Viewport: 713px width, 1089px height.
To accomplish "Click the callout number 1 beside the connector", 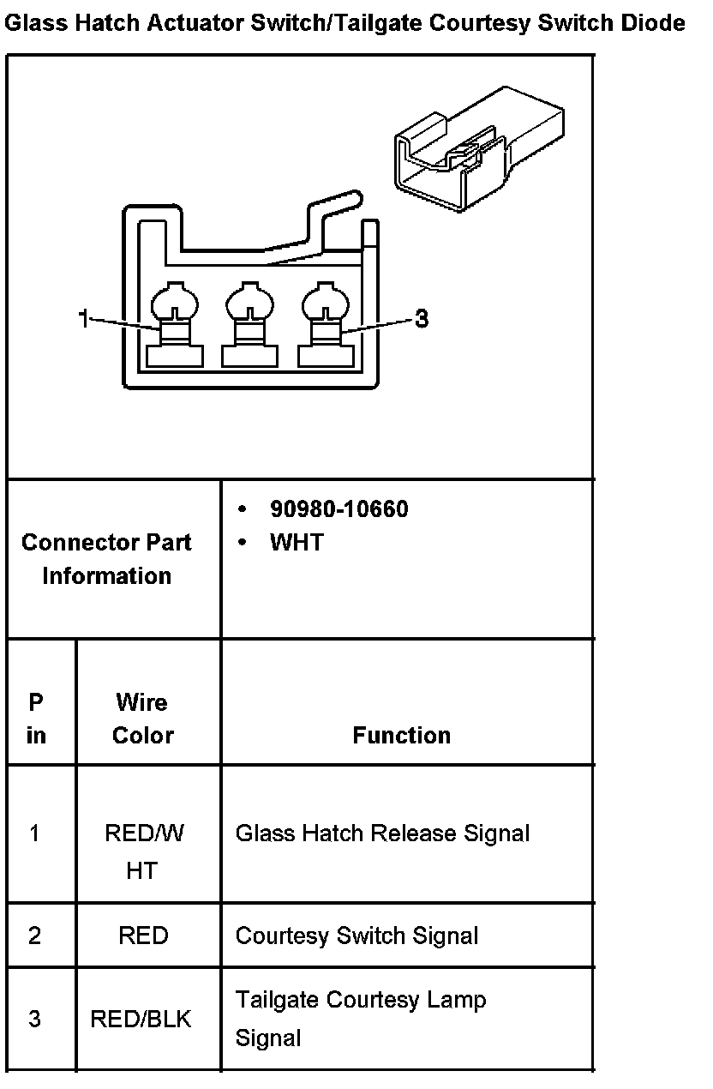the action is [83, 319].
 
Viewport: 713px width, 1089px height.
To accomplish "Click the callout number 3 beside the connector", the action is [421, 319].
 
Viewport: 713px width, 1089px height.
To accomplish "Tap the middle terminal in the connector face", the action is [249, 326].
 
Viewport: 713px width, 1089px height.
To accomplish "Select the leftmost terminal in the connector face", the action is [174, 326].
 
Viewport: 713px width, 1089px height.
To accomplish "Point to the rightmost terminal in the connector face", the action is [325, 326].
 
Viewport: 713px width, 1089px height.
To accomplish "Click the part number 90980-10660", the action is [339, 509].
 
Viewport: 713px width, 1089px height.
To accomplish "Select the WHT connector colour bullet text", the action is [297, 542].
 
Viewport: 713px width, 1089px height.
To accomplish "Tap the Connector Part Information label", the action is [106, 558].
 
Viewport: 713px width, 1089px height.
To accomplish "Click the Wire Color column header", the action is [142, 719].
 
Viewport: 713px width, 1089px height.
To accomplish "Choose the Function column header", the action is [401, 735].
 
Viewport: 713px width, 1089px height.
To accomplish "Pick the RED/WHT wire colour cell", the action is [143, 851].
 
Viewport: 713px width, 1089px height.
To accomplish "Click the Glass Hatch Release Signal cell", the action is [382, 833].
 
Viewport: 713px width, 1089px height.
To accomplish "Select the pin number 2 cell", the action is [34, 936].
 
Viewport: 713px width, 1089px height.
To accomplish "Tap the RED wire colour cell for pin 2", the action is [143, 936].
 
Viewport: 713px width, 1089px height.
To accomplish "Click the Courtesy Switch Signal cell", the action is [356, 936].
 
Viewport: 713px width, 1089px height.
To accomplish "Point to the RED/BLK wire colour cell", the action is [141, 1019].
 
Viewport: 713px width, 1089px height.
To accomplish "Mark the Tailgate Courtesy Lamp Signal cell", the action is [360, 1019].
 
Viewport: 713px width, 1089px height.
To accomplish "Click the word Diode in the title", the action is [655, 23].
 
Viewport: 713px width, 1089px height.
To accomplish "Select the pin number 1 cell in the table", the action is [34, 833].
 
